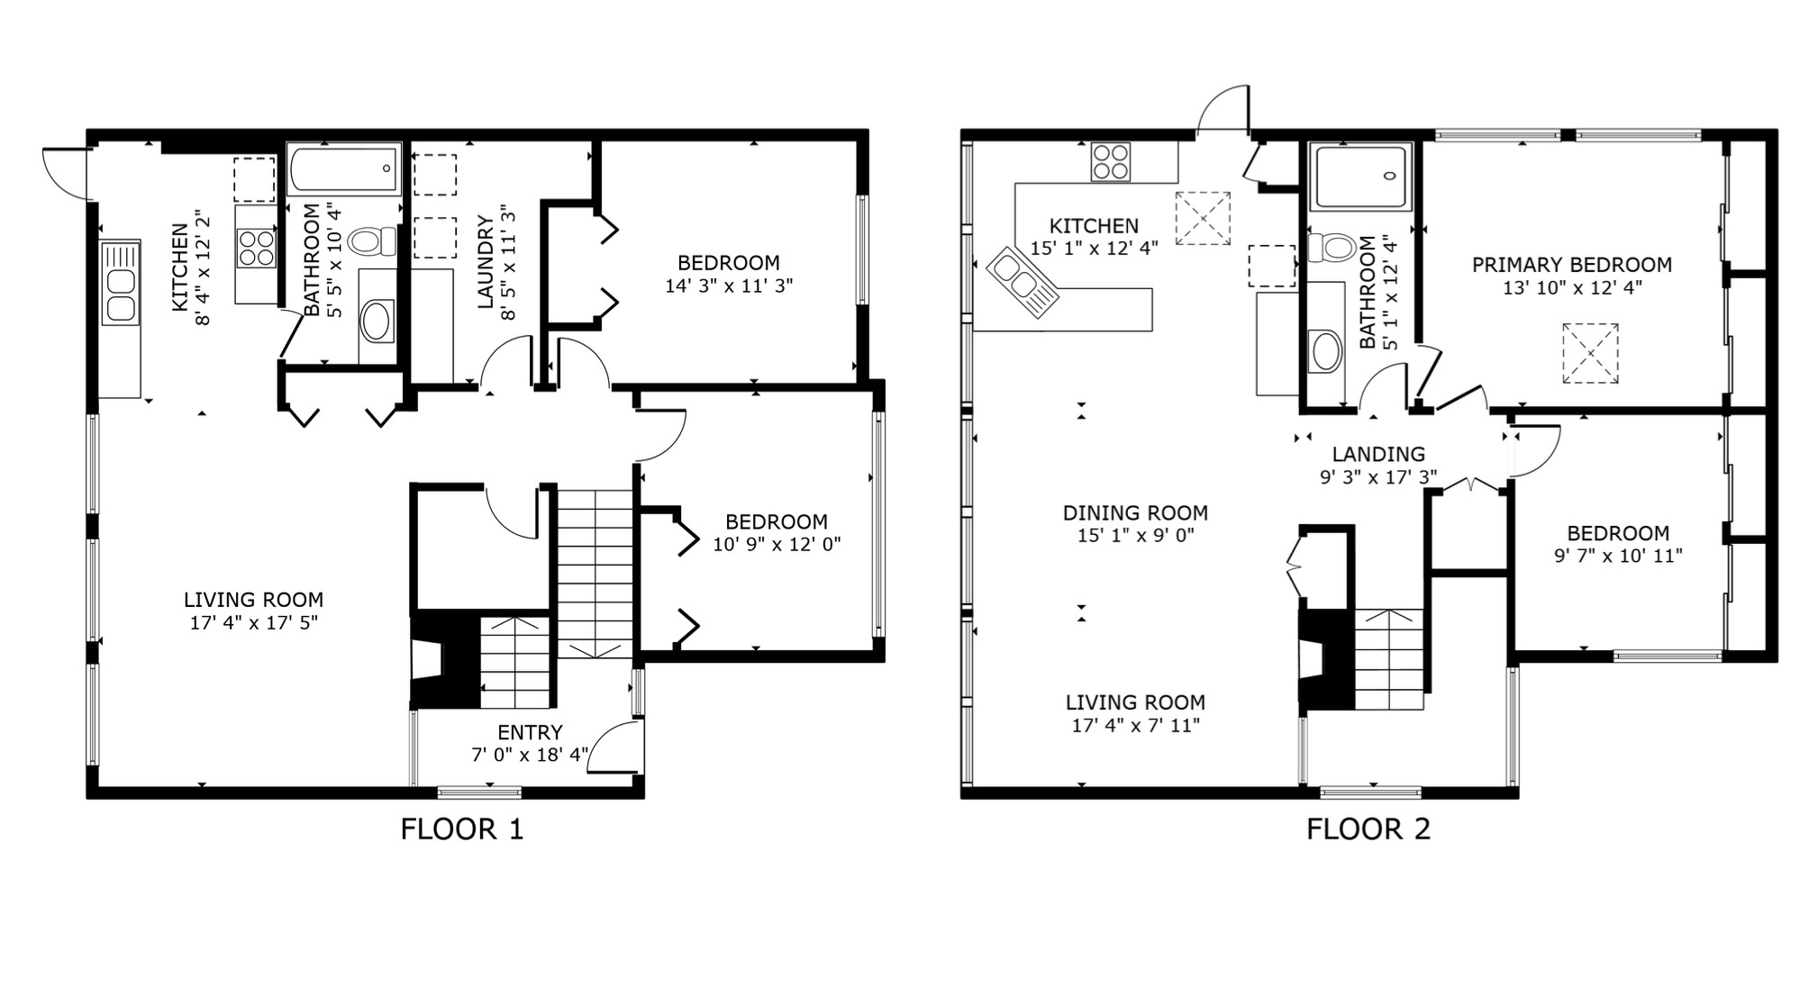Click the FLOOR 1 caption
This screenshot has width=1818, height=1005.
click(x=461, y=828)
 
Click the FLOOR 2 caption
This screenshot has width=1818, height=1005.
click(x=1368, y=828)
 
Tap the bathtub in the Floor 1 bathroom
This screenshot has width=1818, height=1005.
click(x=344, y=169)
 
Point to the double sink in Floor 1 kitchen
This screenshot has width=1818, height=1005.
click(x=121, y=282)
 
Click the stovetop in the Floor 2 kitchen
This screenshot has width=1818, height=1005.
click(x=1110, y=162)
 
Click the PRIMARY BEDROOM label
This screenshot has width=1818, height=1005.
click(x=1572, y=265)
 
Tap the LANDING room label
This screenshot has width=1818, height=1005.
click(x=1378, y=454)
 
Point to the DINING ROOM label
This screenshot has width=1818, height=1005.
click(x=1135, y=512)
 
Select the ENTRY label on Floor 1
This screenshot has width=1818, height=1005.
click(x=530, y=732)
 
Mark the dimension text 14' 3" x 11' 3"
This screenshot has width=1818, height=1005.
click(x=729, y=286)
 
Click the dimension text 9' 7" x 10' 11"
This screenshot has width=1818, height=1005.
click(x=1618, y=556)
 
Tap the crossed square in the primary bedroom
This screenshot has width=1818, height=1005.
click(x=1590, y=354)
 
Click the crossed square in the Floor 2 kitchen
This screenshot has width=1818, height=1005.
click(x=1203, y=218)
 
